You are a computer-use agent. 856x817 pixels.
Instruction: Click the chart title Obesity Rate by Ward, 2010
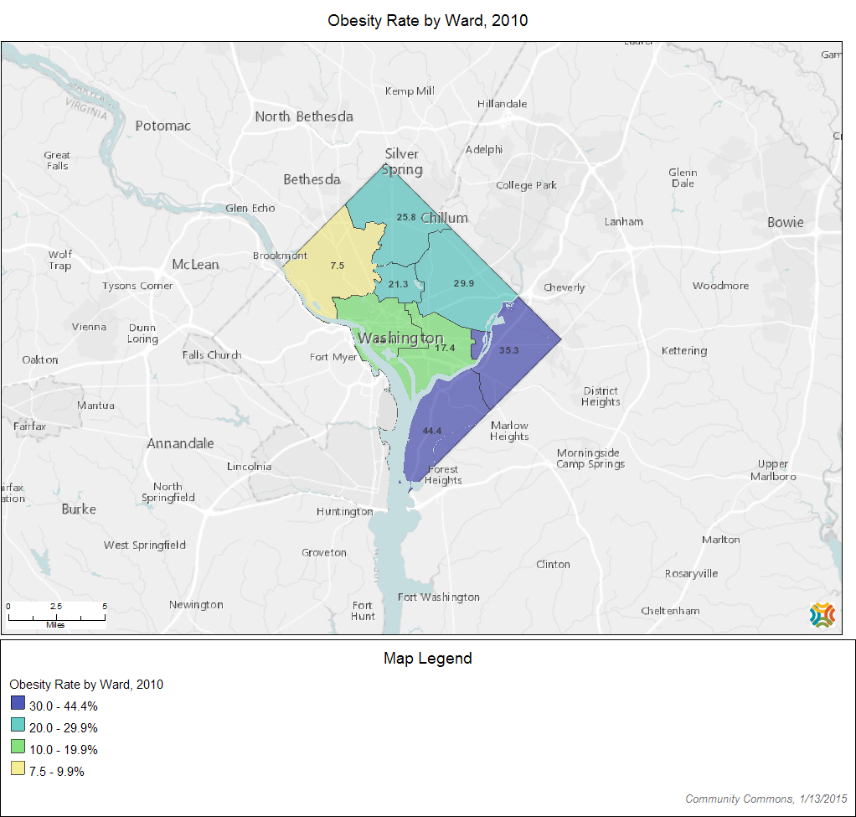[x=427, y=20]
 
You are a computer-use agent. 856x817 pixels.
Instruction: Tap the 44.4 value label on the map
[x=431, y=430]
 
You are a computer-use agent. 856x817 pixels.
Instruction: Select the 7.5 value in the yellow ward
[x=337, y=265]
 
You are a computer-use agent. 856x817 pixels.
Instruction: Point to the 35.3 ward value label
[x=508, y=350]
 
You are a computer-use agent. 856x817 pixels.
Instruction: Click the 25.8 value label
[x=406, y=217]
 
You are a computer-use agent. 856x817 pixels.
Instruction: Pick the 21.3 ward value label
[x=399, y=284]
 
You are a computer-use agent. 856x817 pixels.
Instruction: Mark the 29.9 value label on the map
[x=464, y=283]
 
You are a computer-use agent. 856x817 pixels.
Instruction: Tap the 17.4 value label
[x=445, y=348]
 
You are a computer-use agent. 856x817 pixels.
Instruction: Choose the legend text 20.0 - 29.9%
[x=63, y=727]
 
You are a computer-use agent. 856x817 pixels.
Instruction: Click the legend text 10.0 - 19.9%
[x=63, y=749]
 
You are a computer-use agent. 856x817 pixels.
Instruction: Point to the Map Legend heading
[x=427, y=659]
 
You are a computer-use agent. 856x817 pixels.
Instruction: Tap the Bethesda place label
[x=312, y=179]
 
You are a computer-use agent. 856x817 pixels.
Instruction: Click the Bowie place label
[x=785, y=222]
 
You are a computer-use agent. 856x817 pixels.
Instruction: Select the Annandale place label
[x=180, y=443]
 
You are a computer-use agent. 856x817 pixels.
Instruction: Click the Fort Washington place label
[x=438, y=597]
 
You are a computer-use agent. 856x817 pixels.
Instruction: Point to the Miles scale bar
[x=56, y=617]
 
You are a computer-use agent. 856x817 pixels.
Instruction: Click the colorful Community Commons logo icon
[x=822, y=614]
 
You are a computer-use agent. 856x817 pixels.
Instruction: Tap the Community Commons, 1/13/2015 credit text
[x=766, y=799]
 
